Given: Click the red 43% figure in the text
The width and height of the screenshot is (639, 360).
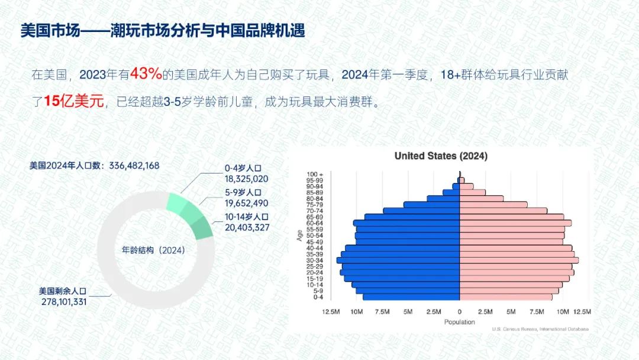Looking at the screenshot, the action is click(x=146, y=74).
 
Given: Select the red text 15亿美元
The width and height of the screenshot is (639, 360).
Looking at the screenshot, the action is click(x=74, y=101).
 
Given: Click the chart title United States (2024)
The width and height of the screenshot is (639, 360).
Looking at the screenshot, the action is click(x=441, y=156).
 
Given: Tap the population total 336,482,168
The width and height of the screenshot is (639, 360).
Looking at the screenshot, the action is click(x=134, y=166).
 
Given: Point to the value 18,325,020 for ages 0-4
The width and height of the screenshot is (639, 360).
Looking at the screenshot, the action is click(x=247, y=179).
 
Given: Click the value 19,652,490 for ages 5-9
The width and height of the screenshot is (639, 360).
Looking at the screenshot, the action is click(x=247, y=203).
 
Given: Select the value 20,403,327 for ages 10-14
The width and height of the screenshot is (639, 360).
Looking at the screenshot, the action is click(x=247, y=227).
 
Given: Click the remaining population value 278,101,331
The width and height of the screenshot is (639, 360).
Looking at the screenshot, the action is click(x=64, y=302).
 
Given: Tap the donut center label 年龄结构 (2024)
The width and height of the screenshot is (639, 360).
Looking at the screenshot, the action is click(x=154, y=250).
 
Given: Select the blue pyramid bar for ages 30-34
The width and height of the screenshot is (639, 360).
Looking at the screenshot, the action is click(x=398, y=260).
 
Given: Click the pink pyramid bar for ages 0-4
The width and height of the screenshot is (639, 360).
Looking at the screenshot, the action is click(x=506, y=297).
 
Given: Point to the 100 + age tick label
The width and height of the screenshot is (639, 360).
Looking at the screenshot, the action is click(x=315, y=175).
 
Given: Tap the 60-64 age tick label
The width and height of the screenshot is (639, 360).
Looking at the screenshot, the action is click(x=315, y=223).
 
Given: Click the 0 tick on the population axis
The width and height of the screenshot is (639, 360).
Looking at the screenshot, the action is click(x=460, y=312).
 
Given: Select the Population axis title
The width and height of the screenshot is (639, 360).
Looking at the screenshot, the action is click(x=459, y=322).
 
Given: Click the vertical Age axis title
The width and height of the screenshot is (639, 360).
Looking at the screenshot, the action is click(x=300, y=236).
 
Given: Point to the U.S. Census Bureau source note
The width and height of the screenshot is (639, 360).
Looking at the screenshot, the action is click(x=540, y=329).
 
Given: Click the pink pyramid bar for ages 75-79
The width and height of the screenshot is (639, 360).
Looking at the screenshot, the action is click(x=493, y=205).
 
